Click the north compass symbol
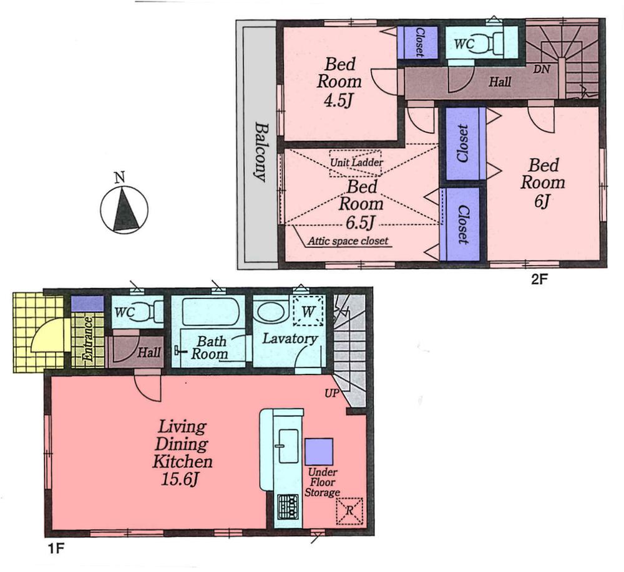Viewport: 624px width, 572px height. pyautogui.click(x=124, y=211)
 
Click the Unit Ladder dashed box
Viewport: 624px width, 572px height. pyautogui.click(x=356, y=163)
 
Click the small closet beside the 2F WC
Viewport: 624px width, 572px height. pyautogui.click(x=418, y=42)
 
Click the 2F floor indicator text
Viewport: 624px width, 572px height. pyautogui.click(x=539, y=280)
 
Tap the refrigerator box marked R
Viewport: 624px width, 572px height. pyautogui.click(x=350, y=510)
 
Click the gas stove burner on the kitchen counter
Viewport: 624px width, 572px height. pyautogui.click(x=288, y=503)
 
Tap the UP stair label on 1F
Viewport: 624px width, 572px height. pyautogui.click(x=331, y=394)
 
